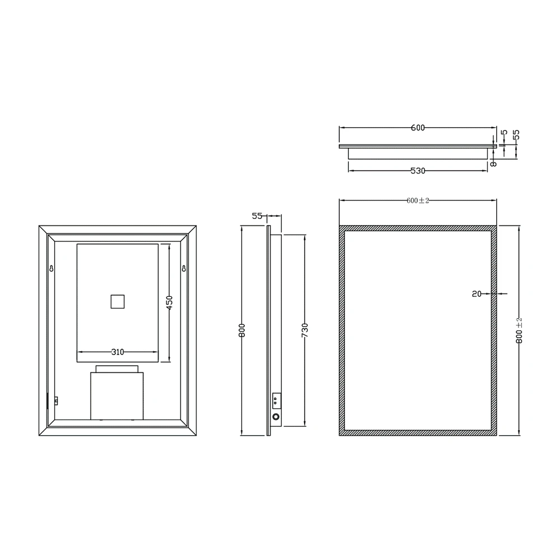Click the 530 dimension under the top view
tap(418, 171)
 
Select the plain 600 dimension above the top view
tap(418, 128)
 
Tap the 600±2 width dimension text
tap(418, 200)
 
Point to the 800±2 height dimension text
tap(519, 330)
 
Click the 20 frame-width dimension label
tap(477, 293)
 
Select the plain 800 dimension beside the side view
tap(241, 330)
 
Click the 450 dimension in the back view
tap(170, 303)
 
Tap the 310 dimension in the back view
tap(117, 352)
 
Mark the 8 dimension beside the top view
tap(493, 164)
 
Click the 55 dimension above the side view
tap(257, 215)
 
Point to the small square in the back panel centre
tap(117, 301)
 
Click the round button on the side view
tap(276, 417)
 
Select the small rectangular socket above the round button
tap(276, 400)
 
